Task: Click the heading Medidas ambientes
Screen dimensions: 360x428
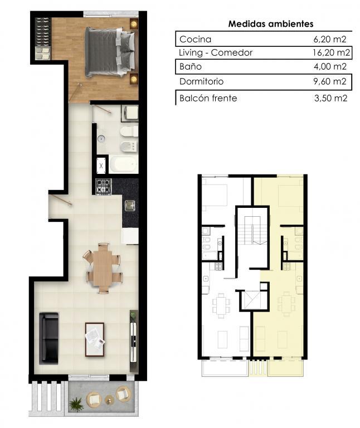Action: (270, 24)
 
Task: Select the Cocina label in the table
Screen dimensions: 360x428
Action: (195, 40)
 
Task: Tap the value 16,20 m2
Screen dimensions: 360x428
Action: (331, 52)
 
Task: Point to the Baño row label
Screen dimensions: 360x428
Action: (191, 66)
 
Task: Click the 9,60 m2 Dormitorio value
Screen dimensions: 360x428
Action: (330, 81)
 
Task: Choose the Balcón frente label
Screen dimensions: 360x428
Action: (208, 98)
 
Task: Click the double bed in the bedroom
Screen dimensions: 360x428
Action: (110, 52)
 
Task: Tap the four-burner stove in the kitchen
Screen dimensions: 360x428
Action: (104, 187)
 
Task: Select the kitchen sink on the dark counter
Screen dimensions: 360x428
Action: (130, 206)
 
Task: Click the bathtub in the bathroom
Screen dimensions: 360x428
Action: (123, 164)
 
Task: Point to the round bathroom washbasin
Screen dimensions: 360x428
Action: (101, 139)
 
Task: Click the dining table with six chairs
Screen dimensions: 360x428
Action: (103, 268)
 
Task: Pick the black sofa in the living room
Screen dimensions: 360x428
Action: (49, 338)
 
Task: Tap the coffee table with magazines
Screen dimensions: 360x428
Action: (94, 340)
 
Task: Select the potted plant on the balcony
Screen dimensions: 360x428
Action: (76, 404)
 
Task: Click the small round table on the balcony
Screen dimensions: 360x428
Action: (110, 400)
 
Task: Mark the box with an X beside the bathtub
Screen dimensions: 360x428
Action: (101, 166)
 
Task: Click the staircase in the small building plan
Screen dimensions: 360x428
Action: (252, 230)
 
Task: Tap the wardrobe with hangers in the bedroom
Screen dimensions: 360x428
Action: (43, 39)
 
